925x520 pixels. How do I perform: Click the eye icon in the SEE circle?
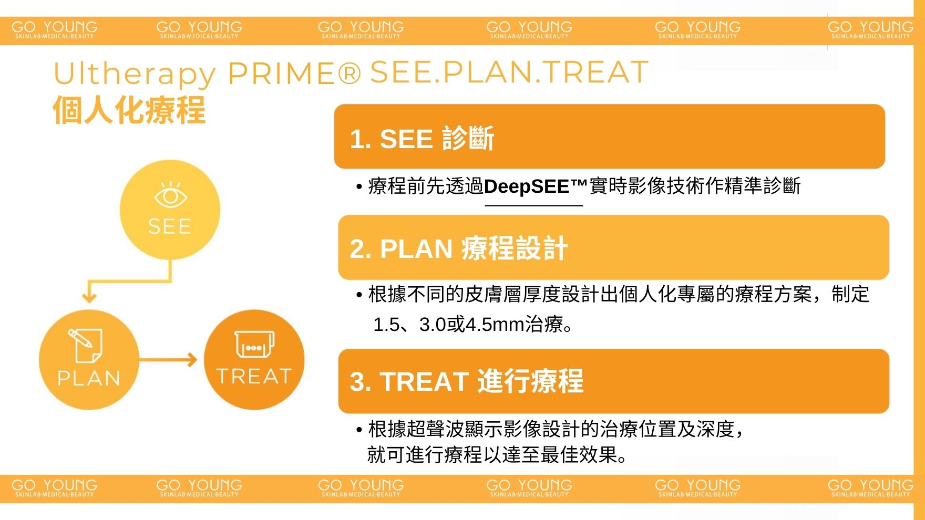coord(170,194)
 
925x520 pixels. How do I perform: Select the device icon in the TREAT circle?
coord(254,345)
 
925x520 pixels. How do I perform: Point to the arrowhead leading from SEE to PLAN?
coord(89,297)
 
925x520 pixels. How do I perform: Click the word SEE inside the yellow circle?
coord(170,227)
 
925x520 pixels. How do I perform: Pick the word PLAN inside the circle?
coord(89,378)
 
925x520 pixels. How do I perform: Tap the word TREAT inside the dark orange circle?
coord(254,376)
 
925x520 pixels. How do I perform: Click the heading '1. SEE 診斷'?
coord(422,139)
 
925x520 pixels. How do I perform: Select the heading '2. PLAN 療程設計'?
coord(459,248)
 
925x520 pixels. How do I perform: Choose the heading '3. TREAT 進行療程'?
coord(467,381)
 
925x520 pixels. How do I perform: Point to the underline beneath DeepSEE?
coord(534,205)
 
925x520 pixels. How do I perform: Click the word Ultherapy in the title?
coord(135,74)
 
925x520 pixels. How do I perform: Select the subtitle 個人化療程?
coord(129,110)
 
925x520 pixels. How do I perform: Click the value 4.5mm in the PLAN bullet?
coord(495,325)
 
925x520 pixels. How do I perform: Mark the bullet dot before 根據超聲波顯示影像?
coord(359,430)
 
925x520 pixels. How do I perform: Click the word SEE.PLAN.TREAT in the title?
coord(509,72)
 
